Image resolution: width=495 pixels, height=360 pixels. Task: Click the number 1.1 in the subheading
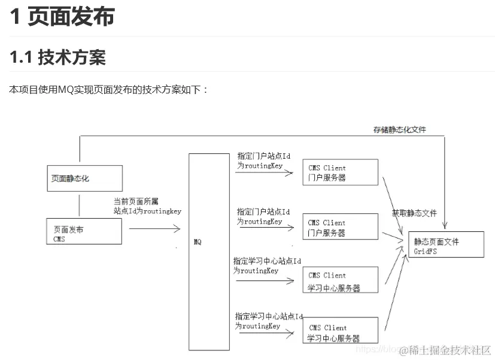pyautogui.click(x=22, y=58)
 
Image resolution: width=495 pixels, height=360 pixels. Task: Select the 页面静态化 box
pyautogui.click(x=84, y=178)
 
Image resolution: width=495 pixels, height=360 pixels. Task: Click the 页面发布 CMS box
pyautogui.click(x=84, y=231)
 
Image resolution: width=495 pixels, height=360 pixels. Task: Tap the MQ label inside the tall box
pyautogui.click(x=198, y=243)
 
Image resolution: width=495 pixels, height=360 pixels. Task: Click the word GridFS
pyautogui.click(x=426, y=252)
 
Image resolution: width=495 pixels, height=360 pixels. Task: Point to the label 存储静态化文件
pyautogui.click(x=399, y=129)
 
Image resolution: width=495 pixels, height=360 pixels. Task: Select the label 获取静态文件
pyautogui.click(x=414, y=213)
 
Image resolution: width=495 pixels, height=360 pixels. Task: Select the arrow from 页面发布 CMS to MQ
pyautogui.click(x=154, y=228)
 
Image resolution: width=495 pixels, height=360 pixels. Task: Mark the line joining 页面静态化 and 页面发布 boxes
pyautogui.click(x=80, y=205)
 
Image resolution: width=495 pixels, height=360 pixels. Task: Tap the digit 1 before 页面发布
pyautogui.click(x=15, y=17)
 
